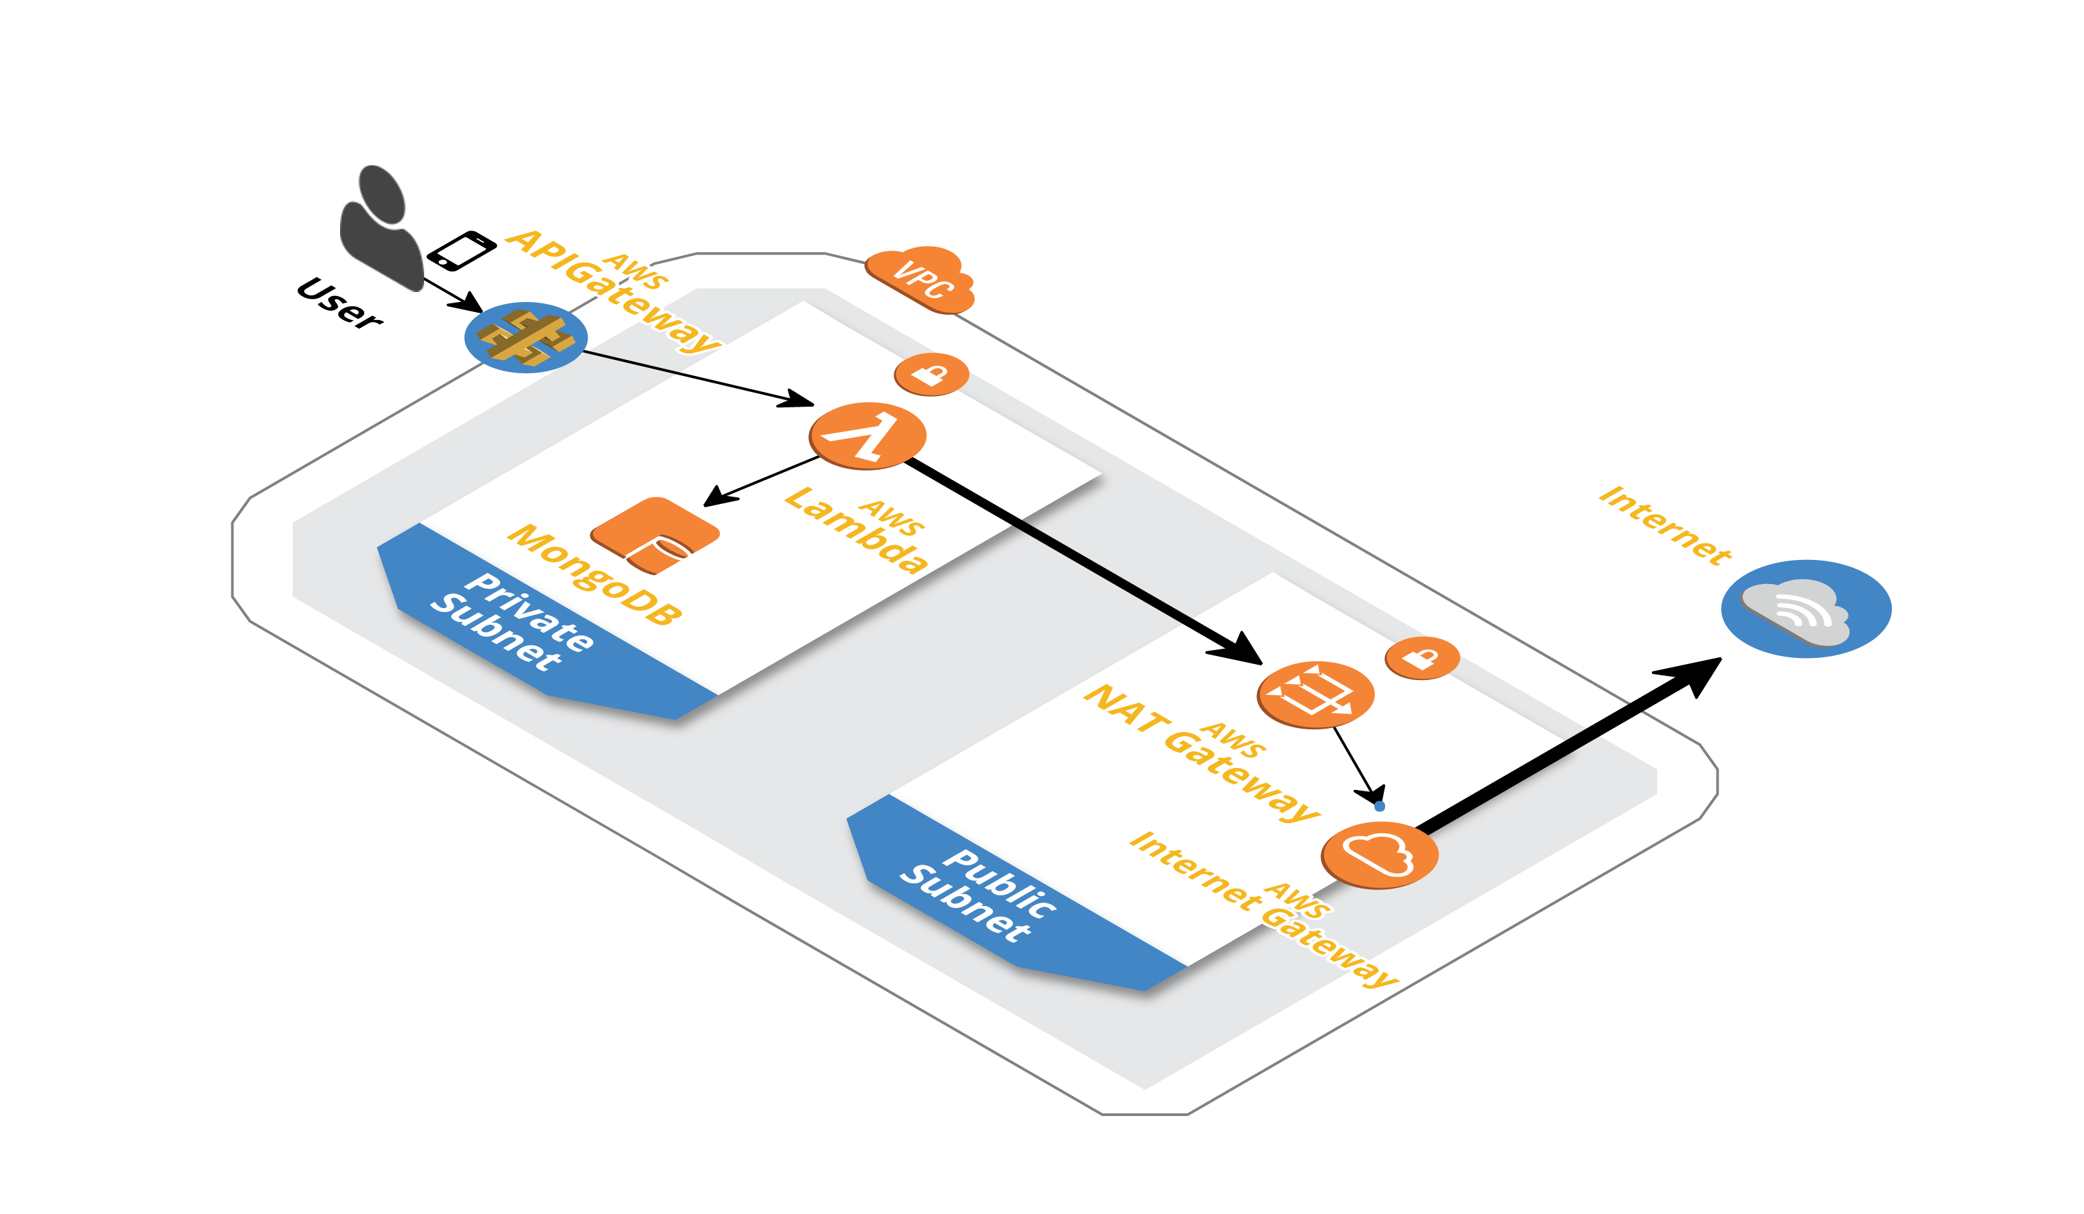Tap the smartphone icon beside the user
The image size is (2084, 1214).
[461, 250]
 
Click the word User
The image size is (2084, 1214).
[339, 303]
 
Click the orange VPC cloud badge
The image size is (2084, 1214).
[921, 279]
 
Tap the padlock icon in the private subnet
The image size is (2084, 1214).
[931, 374]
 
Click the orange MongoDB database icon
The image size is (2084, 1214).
[655, 535]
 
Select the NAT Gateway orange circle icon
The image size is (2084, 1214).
[1315, 694]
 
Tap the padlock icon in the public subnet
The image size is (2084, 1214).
[1422, 657]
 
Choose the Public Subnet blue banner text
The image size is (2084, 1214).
[978, 895]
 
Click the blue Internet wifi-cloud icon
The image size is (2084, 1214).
[1805, 609]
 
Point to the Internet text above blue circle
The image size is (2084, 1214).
[1664, 525]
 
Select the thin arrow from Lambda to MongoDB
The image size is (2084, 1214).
[761, 481]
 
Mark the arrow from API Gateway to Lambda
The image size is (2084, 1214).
[695, 378]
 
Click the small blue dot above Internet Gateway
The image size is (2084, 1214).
[1379, 805]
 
